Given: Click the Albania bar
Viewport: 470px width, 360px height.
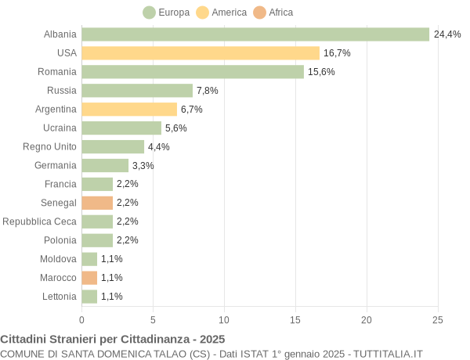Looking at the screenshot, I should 255,34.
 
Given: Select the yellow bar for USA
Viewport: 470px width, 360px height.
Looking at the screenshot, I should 201,53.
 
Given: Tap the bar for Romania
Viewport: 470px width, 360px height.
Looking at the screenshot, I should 193,72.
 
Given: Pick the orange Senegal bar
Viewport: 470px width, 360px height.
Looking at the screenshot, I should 97,203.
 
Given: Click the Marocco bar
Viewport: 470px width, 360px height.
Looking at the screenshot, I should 89,278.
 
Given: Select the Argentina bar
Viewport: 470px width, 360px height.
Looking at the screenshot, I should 129,110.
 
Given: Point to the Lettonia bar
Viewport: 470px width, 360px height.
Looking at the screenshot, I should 89,297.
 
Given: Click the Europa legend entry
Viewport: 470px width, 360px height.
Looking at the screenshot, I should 167,13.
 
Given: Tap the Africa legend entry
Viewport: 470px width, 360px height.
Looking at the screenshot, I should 273,13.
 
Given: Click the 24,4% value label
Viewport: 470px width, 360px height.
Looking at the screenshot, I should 447,34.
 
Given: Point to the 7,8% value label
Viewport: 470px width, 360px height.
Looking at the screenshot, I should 207,91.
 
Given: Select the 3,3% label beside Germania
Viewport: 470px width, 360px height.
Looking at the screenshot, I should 143,166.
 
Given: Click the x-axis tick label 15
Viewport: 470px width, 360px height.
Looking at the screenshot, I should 295,319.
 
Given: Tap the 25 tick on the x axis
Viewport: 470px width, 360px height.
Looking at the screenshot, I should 438,319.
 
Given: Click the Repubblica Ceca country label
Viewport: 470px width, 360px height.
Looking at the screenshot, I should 39,221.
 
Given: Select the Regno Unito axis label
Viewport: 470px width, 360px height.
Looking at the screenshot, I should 49,146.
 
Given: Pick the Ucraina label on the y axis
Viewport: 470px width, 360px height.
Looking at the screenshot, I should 60,128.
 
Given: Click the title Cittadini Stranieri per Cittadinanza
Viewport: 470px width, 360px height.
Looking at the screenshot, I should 113,340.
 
